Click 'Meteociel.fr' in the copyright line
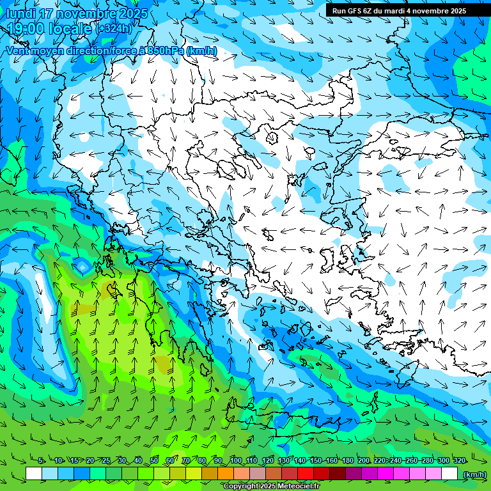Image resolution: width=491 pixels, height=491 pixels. pyautogui.click(x=295, y=487)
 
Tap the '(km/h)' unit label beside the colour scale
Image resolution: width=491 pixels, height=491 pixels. pyautogui.click(x=474, y=474)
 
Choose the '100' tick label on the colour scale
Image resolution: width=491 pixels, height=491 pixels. pyautogui.click(x=235, y=461)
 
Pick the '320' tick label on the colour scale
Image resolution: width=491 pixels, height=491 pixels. pyautogui.click(x=459, y=461)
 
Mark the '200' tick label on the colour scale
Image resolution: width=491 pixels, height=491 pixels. pyautogui.click(x=363, y=461)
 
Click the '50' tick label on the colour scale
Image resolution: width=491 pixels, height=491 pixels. pyautogui.click(x=154, y=461)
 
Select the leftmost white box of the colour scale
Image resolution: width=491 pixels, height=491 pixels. pyautogui.click(x=34, y=474)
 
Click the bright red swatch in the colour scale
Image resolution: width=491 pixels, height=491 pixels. pyautogui.click(x=306, y=474)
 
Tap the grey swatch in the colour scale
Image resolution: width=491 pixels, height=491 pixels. pyautogui.click(x=258, y=474)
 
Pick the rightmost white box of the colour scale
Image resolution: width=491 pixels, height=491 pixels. pyautogui.click(x=449, y=474)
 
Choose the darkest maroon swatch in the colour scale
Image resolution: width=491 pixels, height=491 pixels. pyautogui.click(x=338, y=474)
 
